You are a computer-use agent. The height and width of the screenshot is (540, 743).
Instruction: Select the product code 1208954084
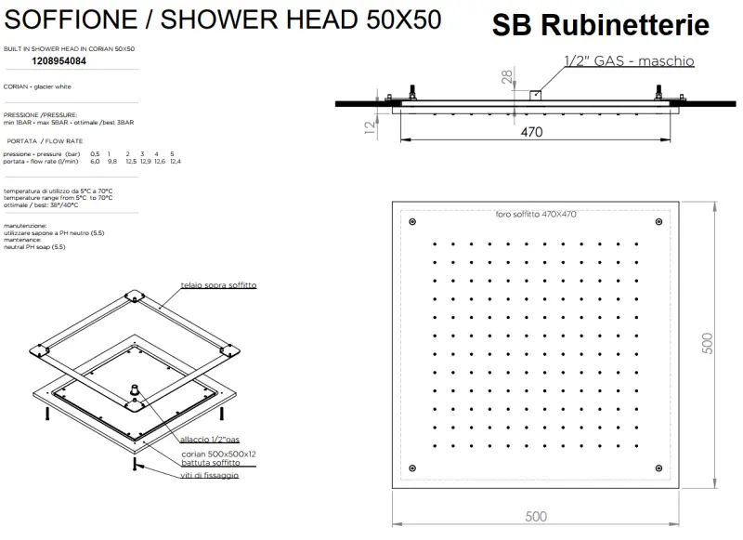59,60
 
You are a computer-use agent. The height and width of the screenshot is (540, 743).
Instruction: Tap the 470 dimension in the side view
530,132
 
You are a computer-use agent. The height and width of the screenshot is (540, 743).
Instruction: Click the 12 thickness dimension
370,124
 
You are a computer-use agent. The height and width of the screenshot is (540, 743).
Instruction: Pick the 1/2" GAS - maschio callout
629,61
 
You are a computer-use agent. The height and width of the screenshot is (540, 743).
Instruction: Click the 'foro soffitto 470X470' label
536,215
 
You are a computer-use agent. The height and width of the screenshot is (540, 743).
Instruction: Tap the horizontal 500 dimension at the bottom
536,516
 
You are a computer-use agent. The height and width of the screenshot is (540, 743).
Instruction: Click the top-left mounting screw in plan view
412,222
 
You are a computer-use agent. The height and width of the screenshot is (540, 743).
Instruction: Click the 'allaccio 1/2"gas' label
210,439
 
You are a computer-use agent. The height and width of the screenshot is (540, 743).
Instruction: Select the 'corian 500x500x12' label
218,454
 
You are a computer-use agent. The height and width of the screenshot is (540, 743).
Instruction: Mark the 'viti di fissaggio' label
209,475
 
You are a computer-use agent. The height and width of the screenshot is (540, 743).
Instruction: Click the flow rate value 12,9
145,161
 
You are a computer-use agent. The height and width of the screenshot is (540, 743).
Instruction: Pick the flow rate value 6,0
95,161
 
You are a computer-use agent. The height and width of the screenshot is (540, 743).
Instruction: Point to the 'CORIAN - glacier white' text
37,86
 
